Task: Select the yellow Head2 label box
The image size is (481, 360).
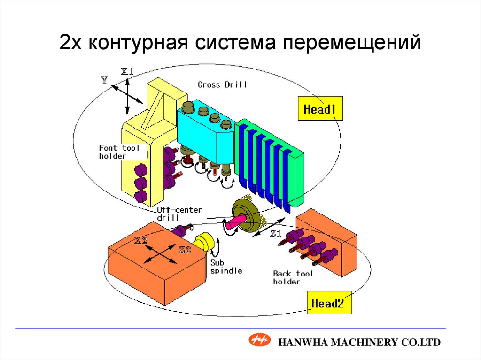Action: coord(327,303)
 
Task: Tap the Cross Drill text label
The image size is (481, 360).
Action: coord(222,85)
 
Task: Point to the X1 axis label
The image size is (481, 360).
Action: coord(127,72)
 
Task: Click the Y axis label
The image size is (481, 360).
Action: coord(104,80)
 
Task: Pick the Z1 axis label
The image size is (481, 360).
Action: coord(276,233)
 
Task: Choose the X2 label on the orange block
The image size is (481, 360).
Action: coord(141,241)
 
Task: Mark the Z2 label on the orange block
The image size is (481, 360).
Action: coord(185,250)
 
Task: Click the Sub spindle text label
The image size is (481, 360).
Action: coord(226,267)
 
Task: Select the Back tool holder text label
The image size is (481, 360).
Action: coord(293,277)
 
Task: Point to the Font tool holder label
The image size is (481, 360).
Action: coord(119,152)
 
